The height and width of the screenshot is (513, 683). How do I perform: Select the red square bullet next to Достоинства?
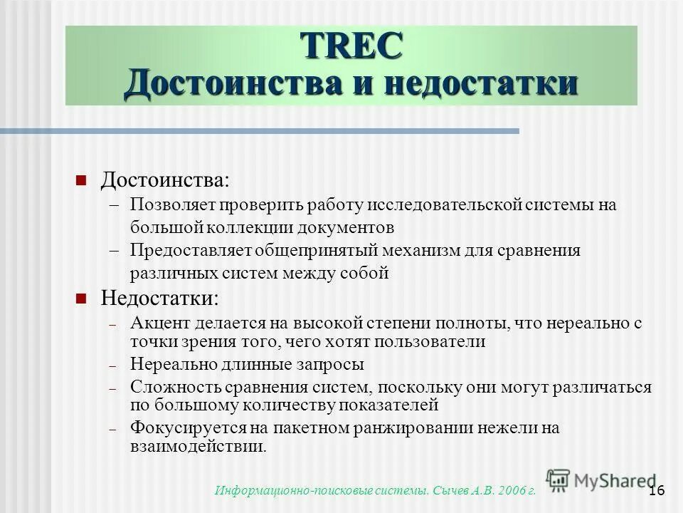pyautogui.click(x=81, y=178)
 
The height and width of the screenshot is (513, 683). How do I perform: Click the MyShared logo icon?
pyautogui.click(x=558, y=480)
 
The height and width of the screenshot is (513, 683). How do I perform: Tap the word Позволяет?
pyautogui.click(x=171, y=205)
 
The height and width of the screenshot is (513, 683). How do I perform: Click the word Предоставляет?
pyautogui.click(x=184, y=250)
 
